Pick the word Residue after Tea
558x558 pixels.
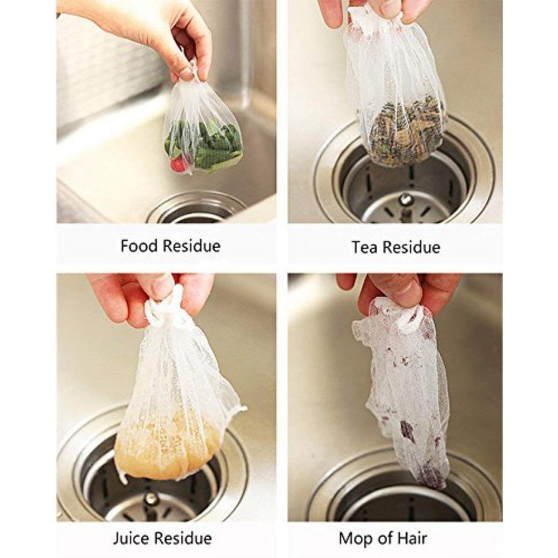tap(411, 247)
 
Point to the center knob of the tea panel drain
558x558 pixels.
tap(405, 200)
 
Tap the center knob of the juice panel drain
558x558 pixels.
tap(152, 499)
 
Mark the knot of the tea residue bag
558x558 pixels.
tap(374, 16)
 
